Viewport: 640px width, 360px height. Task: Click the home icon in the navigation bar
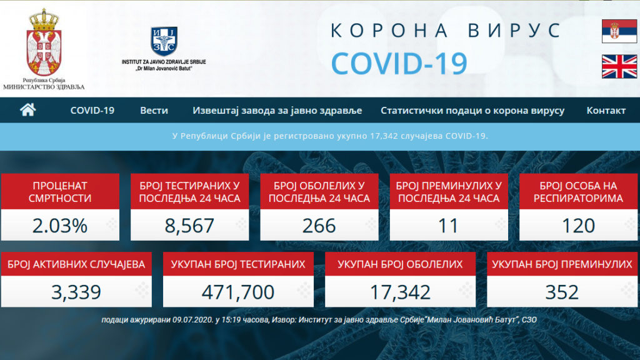(x=27, y=110)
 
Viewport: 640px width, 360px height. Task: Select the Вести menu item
(x=154, y=110)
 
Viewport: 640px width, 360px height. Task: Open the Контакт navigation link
(x=606, y=110)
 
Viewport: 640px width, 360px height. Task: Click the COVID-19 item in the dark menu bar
(x=92, y=110)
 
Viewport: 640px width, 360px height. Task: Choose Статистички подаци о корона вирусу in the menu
(x=472, y=110)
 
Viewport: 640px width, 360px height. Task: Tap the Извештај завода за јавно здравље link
(x=277, y=110)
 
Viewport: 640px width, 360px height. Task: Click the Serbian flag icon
(x=619, y=31)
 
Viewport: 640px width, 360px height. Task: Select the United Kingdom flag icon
(x=619, y=66)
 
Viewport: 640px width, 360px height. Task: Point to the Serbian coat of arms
(x=44, y=42)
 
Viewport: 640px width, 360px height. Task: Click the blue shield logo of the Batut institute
(x=164, y=41)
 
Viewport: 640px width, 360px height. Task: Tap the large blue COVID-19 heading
(x=399, y=64)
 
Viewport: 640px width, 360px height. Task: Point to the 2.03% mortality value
(x=60, y=226)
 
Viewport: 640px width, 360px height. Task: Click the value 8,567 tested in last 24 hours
(x=189, y=226)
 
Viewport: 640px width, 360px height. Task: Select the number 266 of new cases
(x=319, y=226)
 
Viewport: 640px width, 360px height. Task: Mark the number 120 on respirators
(x=578, y=226)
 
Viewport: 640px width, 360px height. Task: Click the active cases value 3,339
(x=76, y=292)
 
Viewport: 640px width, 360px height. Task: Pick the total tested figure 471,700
(x=238, y=292)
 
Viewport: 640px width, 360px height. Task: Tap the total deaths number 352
(x=562, y=292)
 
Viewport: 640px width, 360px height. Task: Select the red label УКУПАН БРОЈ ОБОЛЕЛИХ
(x=400, y=264)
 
